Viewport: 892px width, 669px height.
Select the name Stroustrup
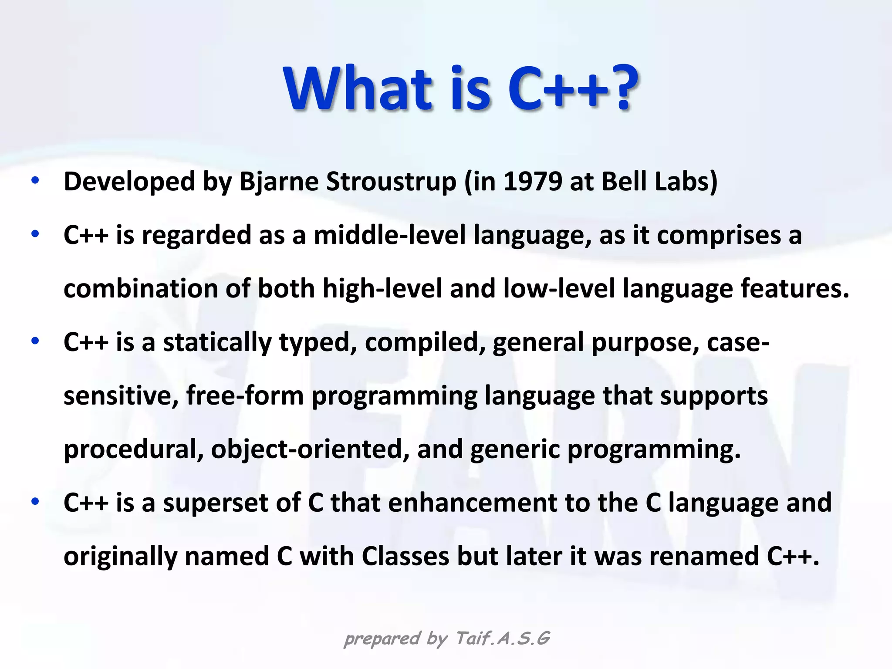(391, 182)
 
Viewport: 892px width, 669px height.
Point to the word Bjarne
(279, 182)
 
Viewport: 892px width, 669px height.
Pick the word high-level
(382, 289)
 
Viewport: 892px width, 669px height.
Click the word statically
(217, 343)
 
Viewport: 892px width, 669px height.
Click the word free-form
(245, 396)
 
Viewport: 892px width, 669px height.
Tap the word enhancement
(473, 503)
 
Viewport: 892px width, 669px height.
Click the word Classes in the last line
(405, 557)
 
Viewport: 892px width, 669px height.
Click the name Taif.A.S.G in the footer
(503, 639)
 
